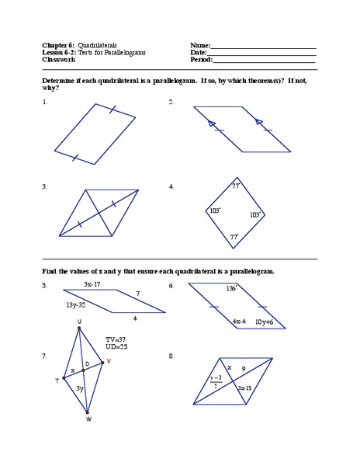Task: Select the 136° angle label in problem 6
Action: tap(230, 288)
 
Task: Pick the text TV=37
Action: tap(116, 339)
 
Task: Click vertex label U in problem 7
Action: tap(79, 322)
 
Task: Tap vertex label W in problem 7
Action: tap(88, 420)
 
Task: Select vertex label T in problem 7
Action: tap(56, 381)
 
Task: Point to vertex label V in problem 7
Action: tap(109, 361)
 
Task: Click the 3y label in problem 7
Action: tap(80, 388)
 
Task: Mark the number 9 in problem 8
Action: tap(243, 369)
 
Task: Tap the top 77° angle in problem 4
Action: tap(235, 186)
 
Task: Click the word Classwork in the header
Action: tap(58, 59)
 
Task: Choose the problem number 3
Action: tap(45, 186)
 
